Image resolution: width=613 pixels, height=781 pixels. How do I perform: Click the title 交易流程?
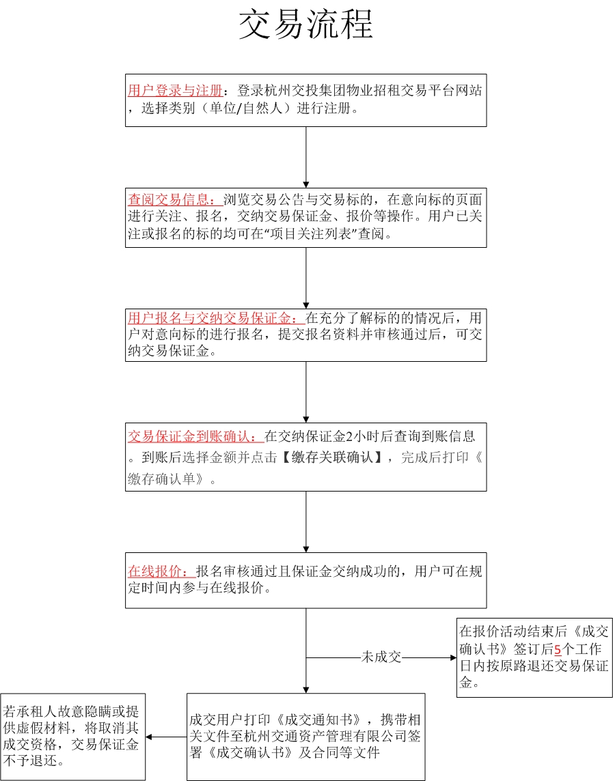click(305, 25)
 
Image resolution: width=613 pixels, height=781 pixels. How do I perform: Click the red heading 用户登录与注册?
click(175, 91)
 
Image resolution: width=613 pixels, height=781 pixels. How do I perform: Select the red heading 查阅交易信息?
click(175, 200)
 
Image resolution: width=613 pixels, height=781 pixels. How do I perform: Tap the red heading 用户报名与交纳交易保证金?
click(216, 317)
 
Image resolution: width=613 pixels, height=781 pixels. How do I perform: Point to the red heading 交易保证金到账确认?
click(195, 436)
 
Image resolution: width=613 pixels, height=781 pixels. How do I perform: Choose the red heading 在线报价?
click(161, 571)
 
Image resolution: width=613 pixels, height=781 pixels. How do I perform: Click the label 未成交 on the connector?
click(381, 657)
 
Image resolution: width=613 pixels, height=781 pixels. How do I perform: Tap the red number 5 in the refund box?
click(558, 649)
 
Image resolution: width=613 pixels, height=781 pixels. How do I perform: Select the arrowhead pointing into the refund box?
click(453, 657)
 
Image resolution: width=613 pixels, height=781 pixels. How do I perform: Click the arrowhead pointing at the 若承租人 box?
click(148, 737)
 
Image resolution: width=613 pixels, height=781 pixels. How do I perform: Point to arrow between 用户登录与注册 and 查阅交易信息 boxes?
click(305, 158)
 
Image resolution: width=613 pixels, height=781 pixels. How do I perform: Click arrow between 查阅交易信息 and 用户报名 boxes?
click(305, 279)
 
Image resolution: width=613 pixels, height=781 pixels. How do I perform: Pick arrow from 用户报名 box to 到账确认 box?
click(305, 392)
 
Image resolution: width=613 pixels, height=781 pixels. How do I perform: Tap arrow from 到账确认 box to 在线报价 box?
click(305, 522)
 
